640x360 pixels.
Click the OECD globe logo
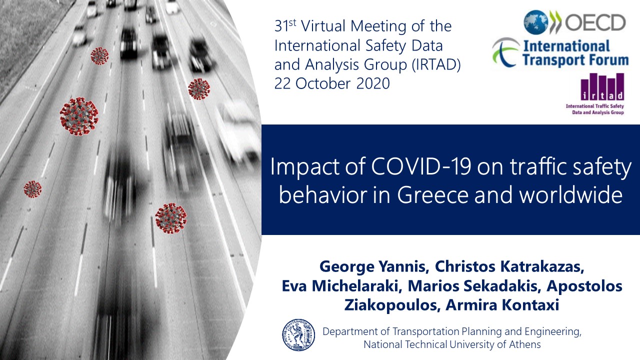(535, 22)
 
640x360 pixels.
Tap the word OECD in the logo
(595, 22)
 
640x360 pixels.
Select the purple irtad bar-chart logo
(602, 86)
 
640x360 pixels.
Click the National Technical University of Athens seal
(298, 335)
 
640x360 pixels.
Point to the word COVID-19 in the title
(421, 166)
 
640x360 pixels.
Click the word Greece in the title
(433, 195)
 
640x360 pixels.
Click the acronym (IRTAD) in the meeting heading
(436, 64)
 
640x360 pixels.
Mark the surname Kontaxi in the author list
(530, 304)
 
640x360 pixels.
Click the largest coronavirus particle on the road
(79, 116)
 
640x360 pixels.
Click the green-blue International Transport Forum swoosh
(505, 52)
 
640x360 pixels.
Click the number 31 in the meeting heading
(281, 26)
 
